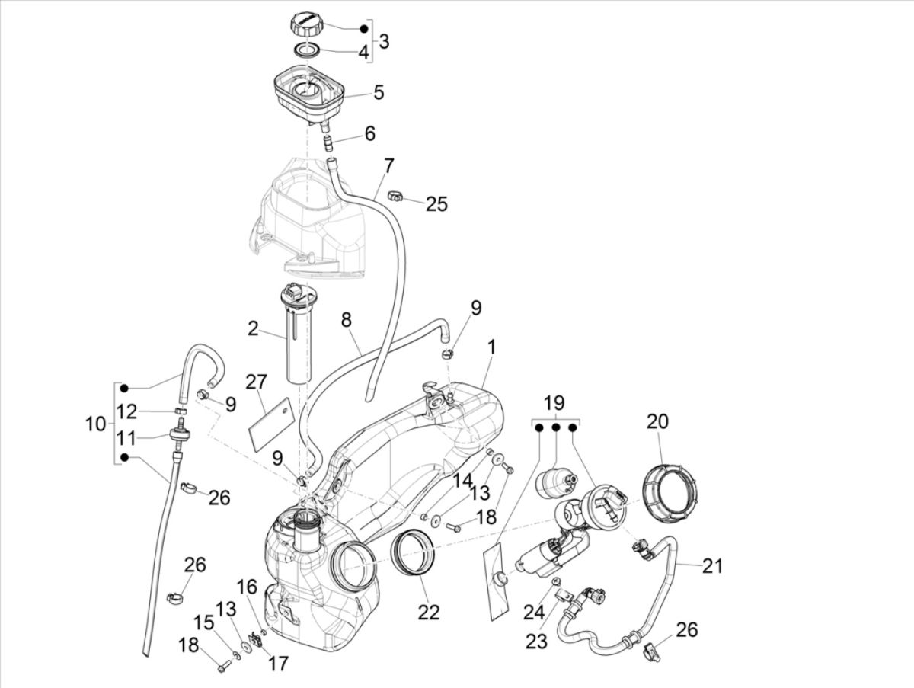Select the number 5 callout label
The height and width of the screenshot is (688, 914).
(x=378, y=93)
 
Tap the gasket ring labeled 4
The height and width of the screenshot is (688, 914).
(x=307, y=51)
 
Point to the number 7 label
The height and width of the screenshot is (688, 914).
(x=388, y=165)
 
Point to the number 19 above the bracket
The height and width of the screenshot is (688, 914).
(x=555, y=403)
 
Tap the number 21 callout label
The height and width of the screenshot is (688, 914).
(x=712, y=565)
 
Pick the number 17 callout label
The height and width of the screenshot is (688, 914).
(x=279, y=664)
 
